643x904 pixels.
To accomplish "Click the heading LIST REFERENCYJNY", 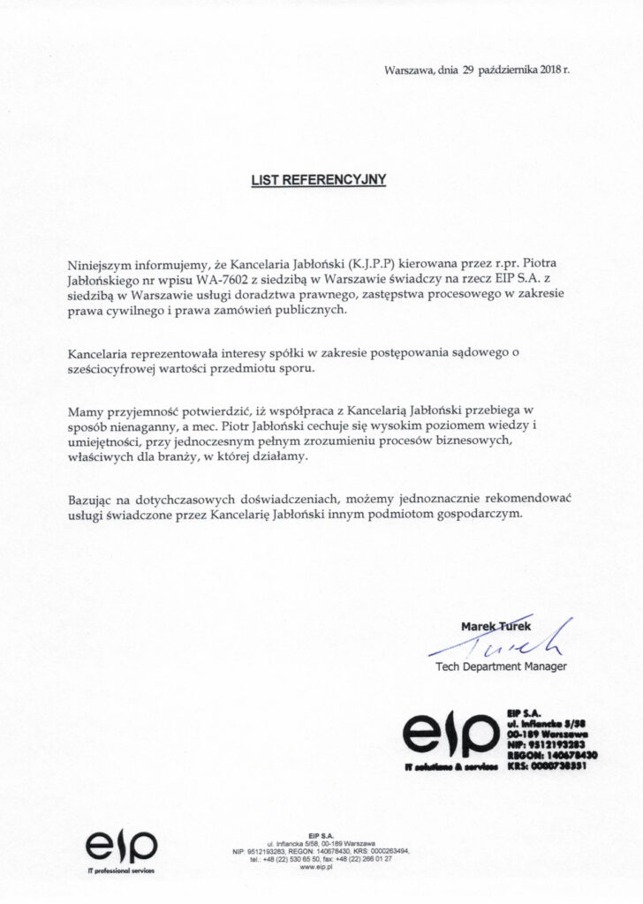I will (321, 179).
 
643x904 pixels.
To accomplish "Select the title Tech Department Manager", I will (501, 667).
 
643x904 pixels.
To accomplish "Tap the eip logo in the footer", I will (121, 849).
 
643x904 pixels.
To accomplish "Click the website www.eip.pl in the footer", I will (321, 867).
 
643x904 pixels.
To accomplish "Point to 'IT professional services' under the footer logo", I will (120, 871).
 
